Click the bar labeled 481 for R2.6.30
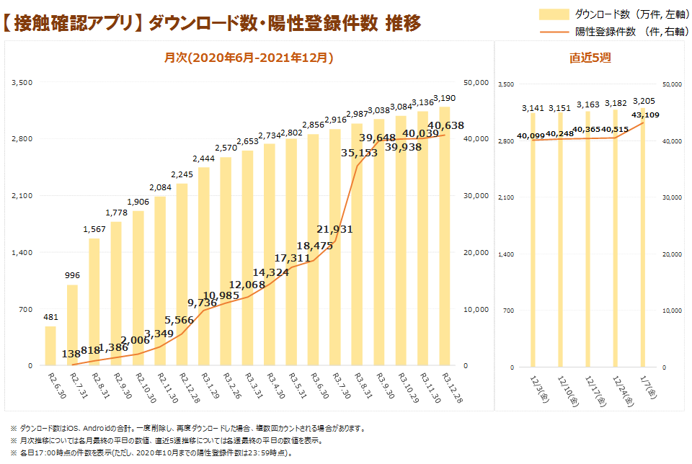point(50,347)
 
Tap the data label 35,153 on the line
point(359,153)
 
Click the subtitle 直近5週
point(590,58)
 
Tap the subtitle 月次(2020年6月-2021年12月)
point(249,58)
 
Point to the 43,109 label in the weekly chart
point(645,115)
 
